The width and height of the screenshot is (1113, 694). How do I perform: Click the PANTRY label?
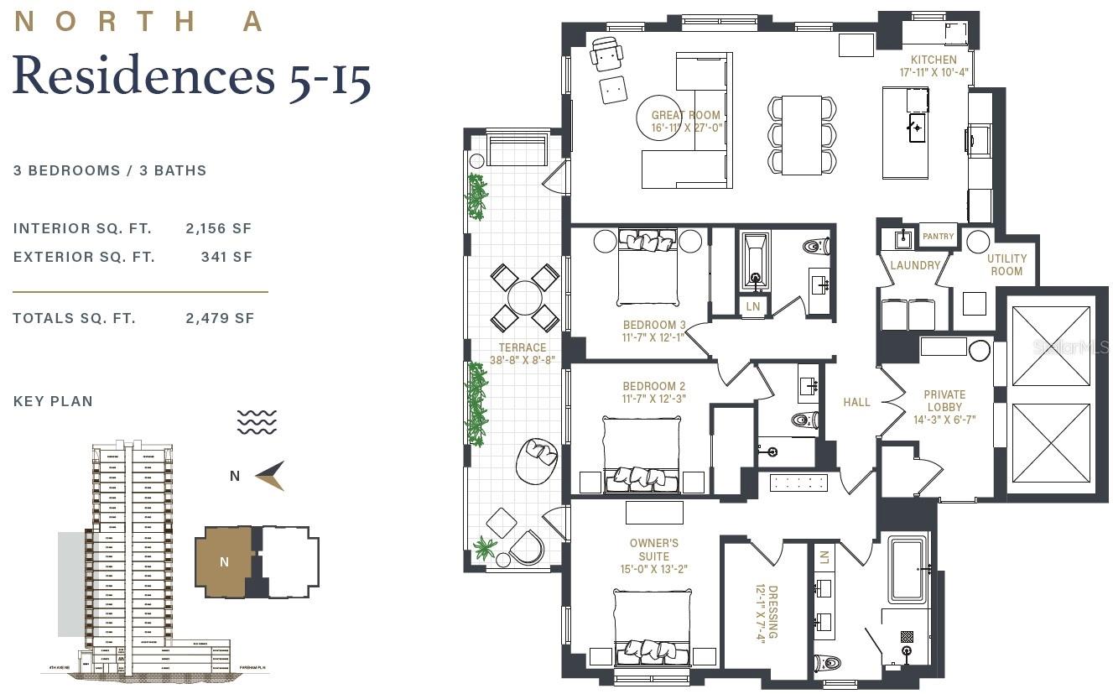pos(938,237)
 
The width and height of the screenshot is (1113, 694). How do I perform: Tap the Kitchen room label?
pos(934,66)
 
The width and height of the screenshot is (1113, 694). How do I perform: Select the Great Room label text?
pos(686,122)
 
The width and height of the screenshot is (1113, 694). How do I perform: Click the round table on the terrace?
pos(525,297)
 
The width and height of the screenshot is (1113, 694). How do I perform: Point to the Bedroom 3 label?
pos(654,331)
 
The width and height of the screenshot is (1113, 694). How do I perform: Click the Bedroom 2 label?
pos(654,393)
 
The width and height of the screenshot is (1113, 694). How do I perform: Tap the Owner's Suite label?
pos(654,556)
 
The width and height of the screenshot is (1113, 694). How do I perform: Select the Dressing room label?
pos(767,612)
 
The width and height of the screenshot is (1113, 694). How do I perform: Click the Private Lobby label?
pos(944,407)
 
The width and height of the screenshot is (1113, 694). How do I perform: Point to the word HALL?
pos(856,403)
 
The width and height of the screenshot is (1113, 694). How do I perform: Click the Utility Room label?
pos(1006,265)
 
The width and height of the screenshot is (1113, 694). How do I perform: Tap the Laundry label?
pos(915,265)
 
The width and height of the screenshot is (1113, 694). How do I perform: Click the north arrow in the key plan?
pos(270,476)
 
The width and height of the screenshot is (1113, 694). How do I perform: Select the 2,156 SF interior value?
pos(218,228)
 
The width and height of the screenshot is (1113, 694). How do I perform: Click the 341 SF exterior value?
pos(226,258)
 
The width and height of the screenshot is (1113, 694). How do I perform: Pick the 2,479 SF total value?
pos(219,319)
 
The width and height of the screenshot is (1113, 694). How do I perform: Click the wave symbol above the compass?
pos(257,422)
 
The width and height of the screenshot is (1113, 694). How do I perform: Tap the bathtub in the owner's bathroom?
pos(907,570)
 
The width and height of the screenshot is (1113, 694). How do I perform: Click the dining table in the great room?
pos(801,135)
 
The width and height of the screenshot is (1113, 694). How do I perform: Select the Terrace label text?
pos(523,353)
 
